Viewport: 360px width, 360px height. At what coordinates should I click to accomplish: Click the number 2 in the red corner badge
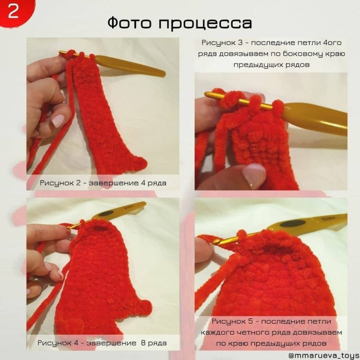point(13,12)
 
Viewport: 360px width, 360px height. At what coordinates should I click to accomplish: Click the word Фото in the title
point(130,22)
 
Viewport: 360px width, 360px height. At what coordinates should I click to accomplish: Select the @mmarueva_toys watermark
point(324,355)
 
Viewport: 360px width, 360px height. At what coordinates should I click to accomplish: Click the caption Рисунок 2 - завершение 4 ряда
point(103,183)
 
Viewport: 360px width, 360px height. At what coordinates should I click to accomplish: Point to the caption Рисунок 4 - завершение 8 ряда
point(102,343)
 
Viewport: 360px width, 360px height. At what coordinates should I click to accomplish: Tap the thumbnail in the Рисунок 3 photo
point(254,175)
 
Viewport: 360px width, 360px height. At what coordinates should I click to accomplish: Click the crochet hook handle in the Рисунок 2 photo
point(130,66)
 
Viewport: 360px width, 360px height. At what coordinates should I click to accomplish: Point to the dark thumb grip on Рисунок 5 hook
point(293,223)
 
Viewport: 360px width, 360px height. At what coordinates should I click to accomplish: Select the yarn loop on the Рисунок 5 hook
point(242,235)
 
